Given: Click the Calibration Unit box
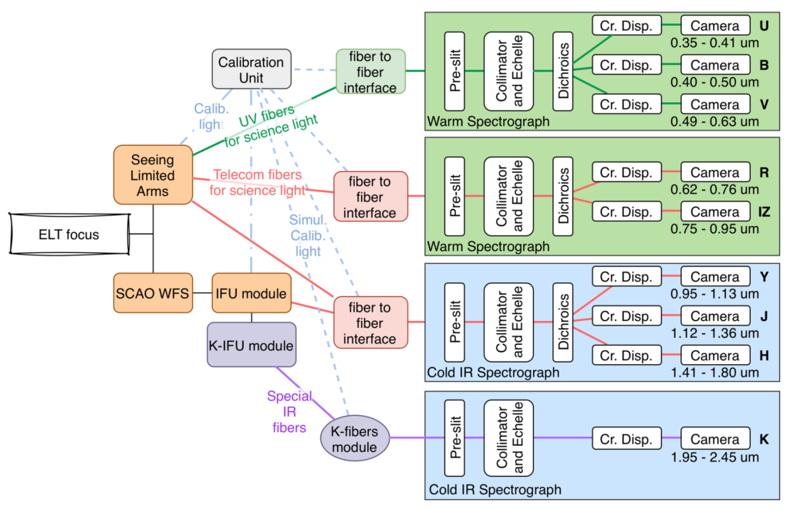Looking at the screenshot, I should click(x=251, y=69).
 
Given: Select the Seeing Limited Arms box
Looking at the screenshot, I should click(x=152, y=175).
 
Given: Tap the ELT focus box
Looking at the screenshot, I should click(x=69, y=234).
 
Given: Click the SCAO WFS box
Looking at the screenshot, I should click(x=152, y=293).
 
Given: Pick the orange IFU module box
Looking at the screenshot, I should click(x=252, y=293).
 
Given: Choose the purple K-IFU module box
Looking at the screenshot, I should click(x=251, y=345).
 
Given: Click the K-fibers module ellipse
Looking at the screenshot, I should click(x=354, y=440).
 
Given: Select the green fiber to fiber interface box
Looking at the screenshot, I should click(x=370, y=72).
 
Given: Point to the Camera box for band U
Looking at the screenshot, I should click(x=714, y=25).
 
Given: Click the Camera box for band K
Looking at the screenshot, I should click(x=714, y=439).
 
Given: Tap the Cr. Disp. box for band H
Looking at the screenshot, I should click(x=626, y=356).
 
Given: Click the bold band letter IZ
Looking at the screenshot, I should click(x=764, y=211).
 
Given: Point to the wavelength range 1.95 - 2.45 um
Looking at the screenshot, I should click(x=714, y=457).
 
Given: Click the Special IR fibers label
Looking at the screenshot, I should click(x=290, y=412).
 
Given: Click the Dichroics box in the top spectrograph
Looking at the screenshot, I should click(x=564, y=72).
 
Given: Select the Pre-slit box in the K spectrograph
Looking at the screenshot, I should click(x=454, y=440).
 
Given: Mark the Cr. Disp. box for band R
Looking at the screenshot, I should click(x=626, y=173).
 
